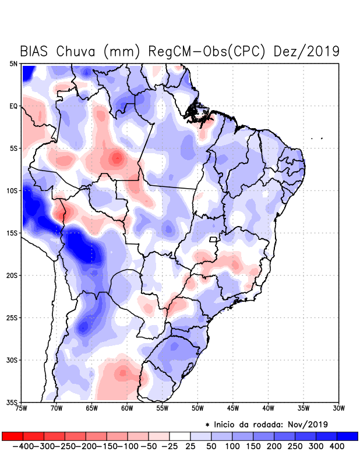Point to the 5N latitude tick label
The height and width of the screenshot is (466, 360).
13,63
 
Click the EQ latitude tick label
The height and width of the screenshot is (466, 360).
13,106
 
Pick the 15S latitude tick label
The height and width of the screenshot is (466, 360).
12,233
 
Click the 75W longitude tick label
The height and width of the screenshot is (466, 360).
22,408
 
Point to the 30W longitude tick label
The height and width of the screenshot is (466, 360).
338,408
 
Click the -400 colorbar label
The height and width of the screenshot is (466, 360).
22,446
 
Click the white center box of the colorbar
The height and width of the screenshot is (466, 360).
180,436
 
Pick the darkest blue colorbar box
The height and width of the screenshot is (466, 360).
348,436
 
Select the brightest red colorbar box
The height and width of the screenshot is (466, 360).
12,436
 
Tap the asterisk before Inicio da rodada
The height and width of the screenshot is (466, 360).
207,424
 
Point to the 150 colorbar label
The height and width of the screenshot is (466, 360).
253,446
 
